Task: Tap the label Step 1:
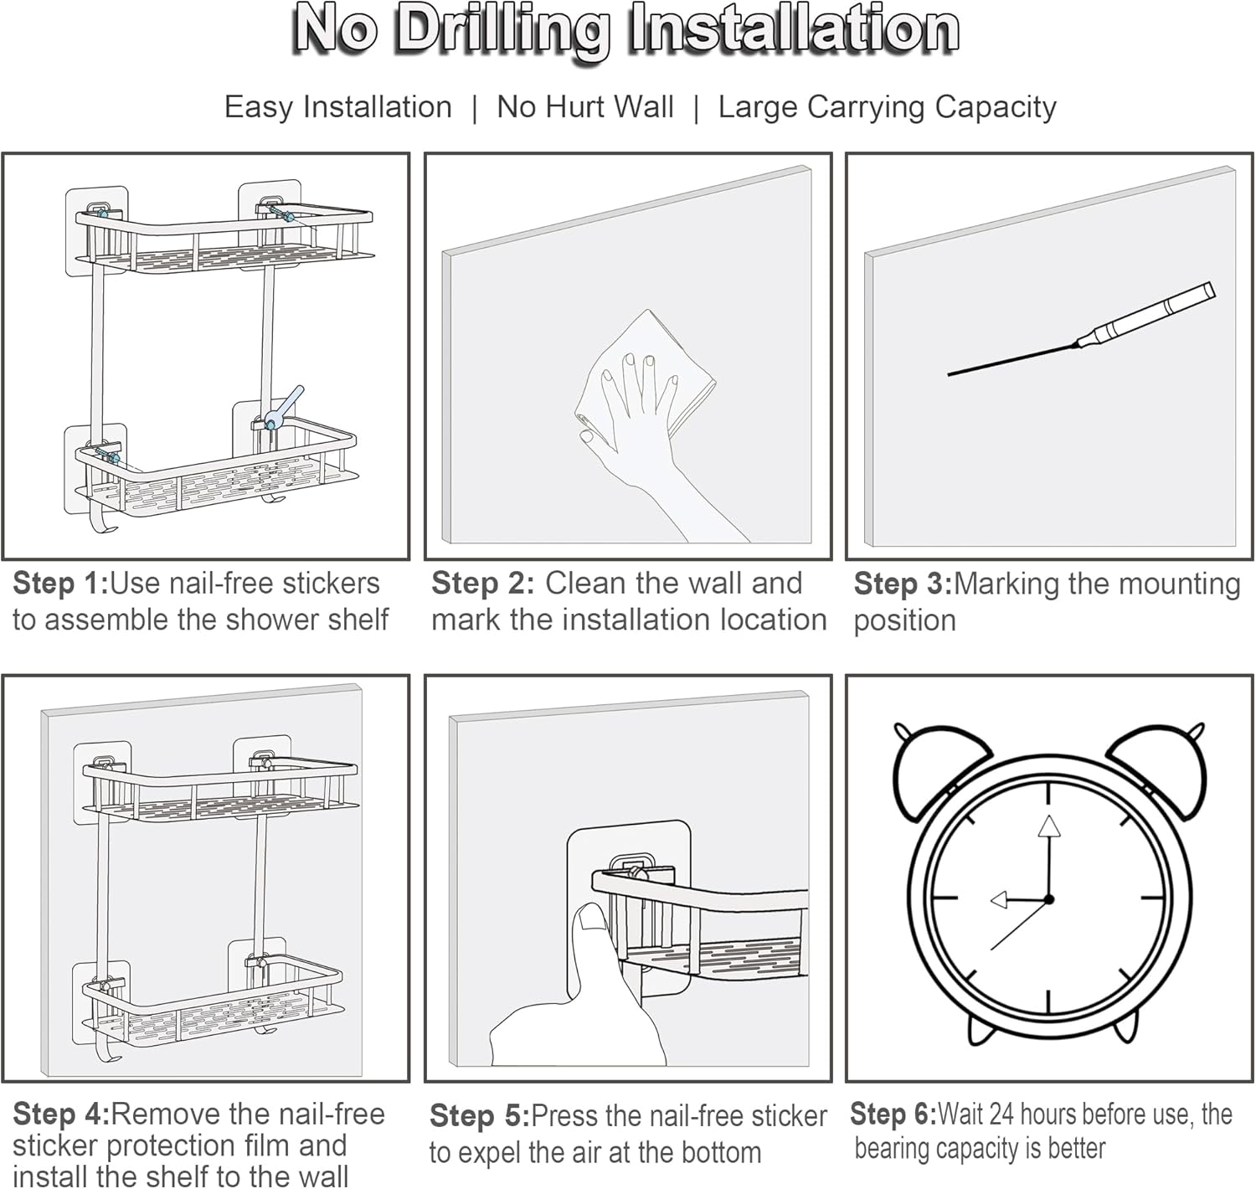[x=61, y=584]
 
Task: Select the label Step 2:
[x=483, y=584]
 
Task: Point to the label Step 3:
[x=903, y=584]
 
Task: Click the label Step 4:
[x=61, y=1114]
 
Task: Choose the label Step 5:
[x=480, y=1116]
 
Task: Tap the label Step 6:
[x=893, y=1114]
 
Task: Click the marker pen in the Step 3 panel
[x=1081, y=328]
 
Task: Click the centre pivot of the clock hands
[x=1048, y=899]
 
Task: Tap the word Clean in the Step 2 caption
[x=586, y=584]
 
